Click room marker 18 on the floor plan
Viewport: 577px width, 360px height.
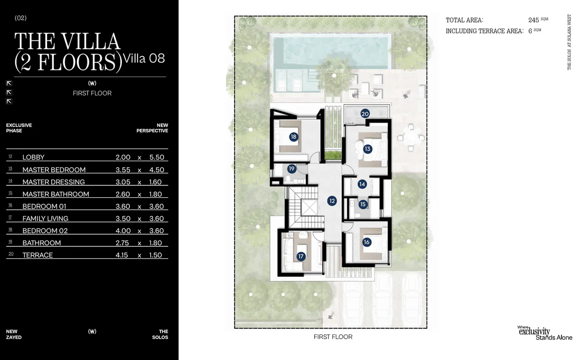293,137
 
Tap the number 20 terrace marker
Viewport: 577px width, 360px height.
365,114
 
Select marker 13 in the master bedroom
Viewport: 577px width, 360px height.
367,149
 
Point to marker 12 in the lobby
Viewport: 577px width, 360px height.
332,201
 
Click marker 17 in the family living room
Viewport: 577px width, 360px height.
301,256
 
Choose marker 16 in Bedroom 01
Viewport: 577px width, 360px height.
367,242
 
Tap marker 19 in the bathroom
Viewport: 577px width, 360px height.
292,169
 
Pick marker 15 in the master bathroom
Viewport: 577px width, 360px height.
363,204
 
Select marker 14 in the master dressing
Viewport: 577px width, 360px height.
362,184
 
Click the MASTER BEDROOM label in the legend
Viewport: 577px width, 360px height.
54,170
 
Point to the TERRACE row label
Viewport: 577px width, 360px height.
37,255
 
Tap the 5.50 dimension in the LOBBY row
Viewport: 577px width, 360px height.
157,157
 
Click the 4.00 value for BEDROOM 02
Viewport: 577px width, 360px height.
123,231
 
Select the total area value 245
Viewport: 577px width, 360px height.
533,20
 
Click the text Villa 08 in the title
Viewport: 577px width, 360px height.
144,58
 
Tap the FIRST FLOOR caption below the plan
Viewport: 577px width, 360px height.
333,337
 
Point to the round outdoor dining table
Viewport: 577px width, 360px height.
411,138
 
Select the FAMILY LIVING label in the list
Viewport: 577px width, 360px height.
45,218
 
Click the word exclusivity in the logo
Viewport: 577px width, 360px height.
534,332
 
